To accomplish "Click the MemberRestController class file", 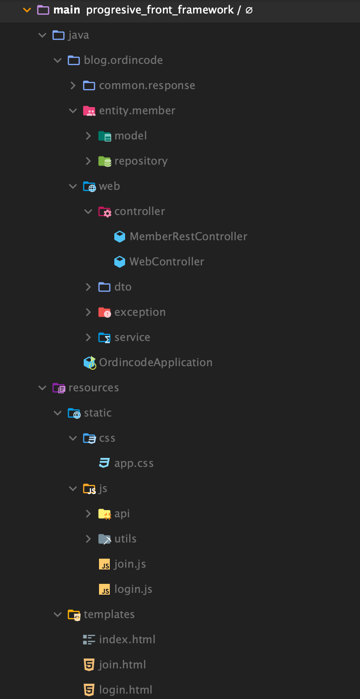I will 188,237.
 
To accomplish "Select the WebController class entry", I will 166,262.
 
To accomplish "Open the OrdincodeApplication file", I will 155,363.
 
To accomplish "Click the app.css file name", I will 134,463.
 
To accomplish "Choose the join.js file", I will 130,564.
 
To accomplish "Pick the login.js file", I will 133,589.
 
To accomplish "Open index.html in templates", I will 127,640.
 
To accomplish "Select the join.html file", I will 122,665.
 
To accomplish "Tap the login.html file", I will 126,690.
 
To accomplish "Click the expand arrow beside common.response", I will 73,85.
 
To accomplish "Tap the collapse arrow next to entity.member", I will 73,111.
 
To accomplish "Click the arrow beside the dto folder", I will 88,287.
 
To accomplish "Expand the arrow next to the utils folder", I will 88,539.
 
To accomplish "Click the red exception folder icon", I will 104,312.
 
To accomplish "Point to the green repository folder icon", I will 104,161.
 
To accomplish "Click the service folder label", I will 132,337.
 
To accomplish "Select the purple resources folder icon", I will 58,388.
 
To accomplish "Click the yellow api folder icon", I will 104,514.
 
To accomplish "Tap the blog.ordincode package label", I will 123,60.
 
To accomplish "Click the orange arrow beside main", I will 27,10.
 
